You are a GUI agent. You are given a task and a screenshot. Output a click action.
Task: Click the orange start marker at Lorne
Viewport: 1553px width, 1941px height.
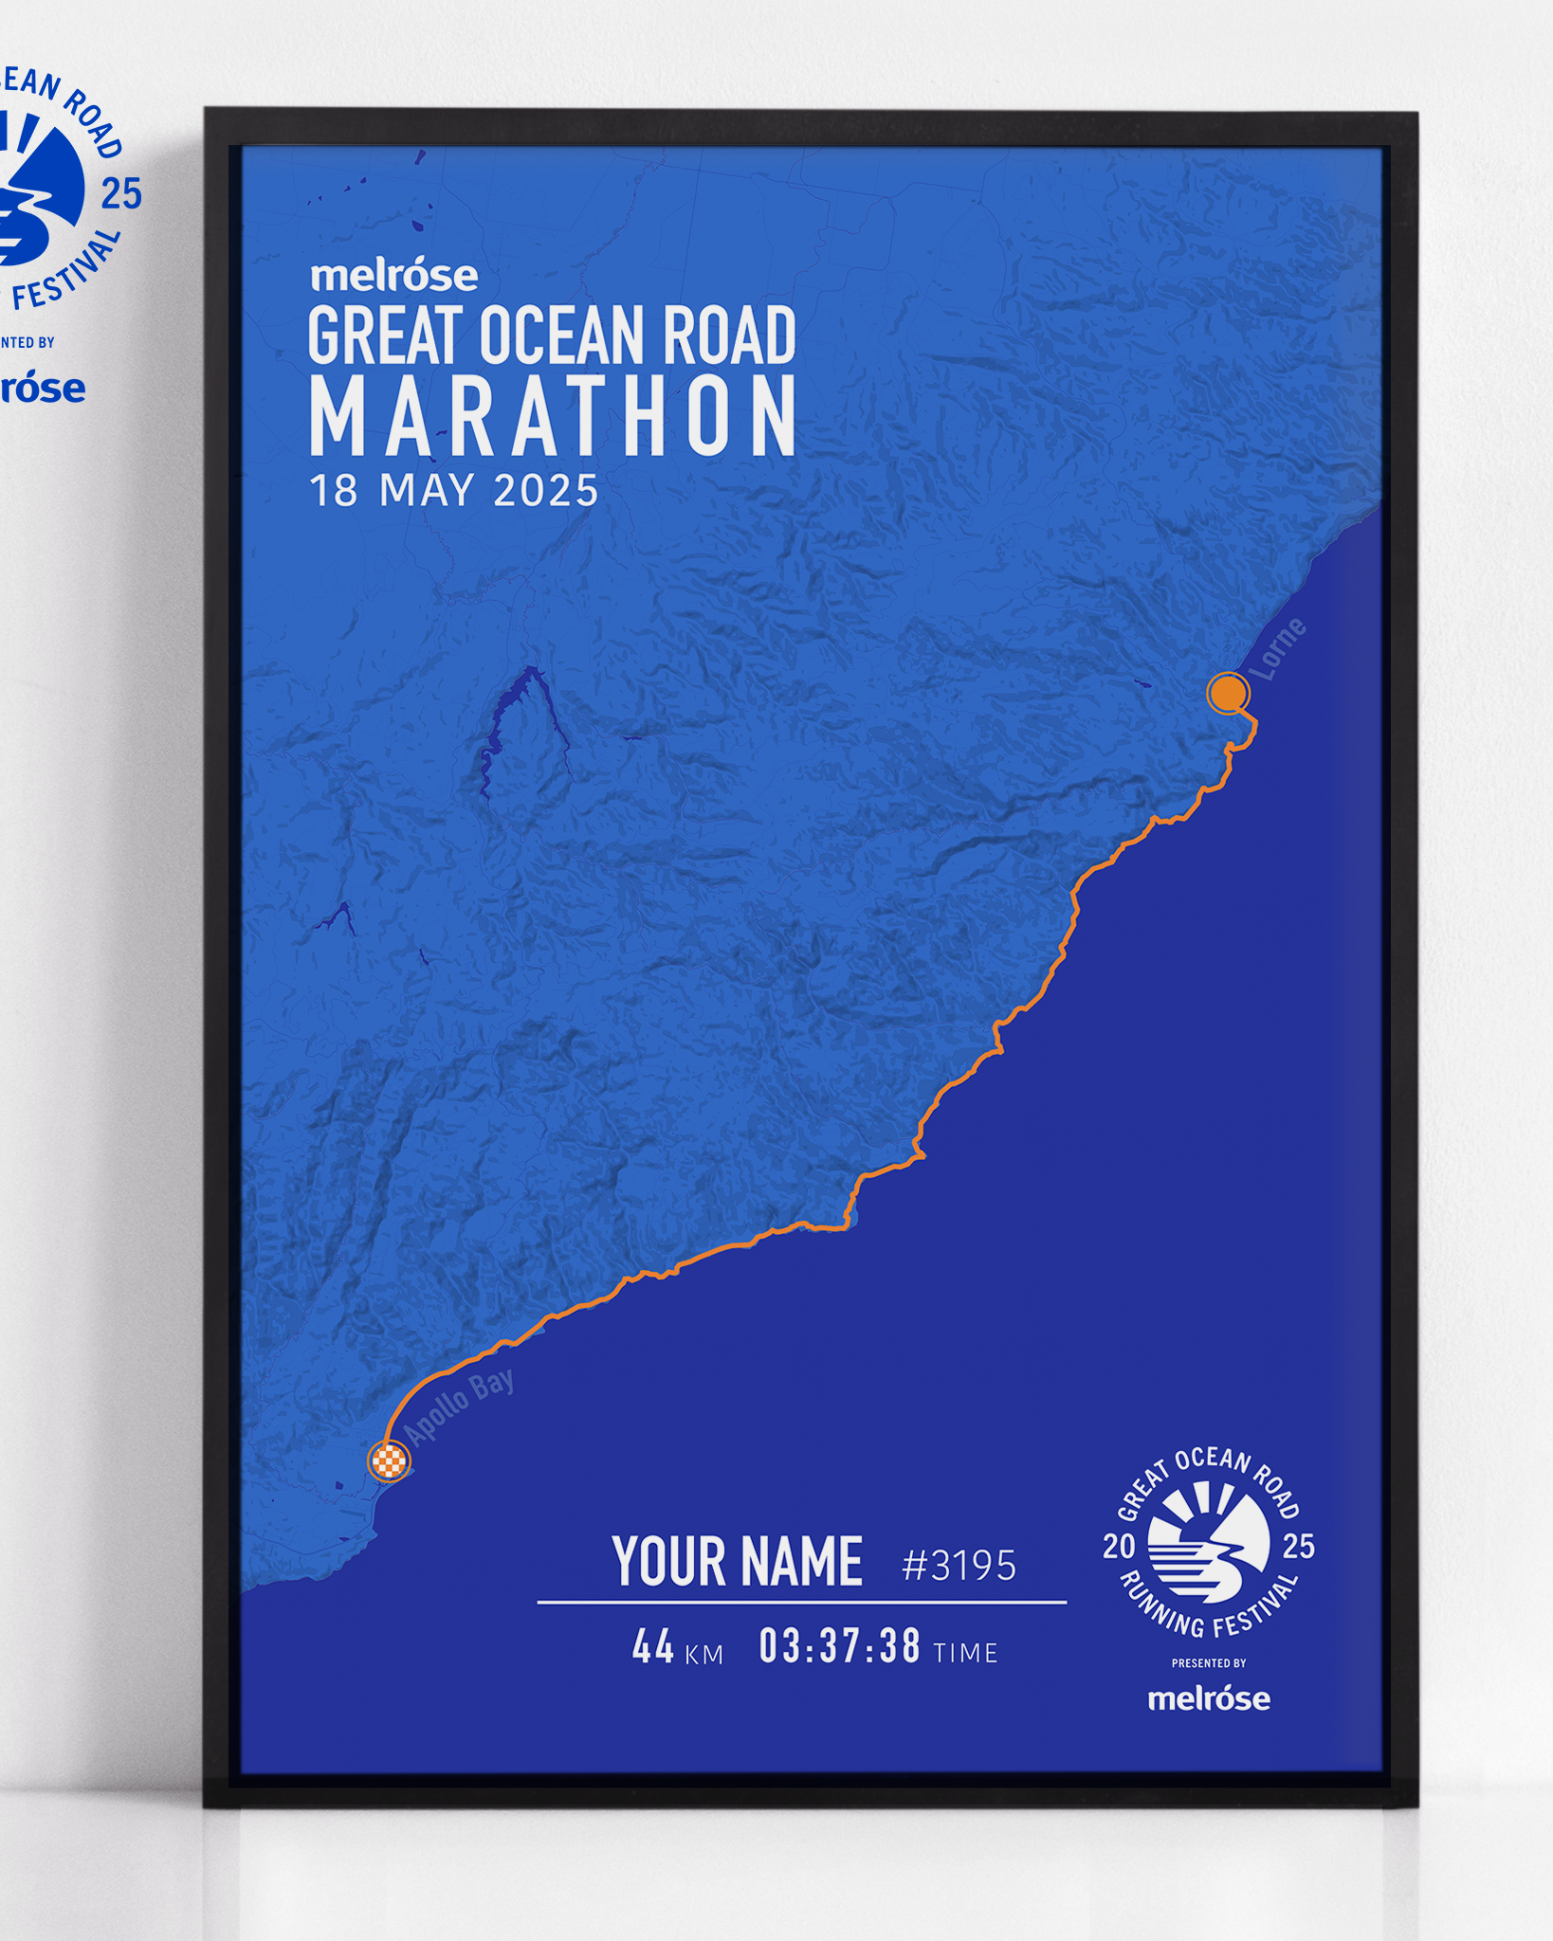point(1228,693)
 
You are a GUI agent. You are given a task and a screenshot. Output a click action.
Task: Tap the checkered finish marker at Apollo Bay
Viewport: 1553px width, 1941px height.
point(389,1460)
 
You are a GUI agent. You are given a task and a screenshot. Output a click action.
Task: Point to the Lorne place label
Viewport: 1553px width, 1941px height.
point(1277,649)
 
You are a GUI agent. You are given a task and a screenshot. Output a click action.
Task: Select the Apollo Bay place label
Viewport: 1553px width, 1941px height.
point(459,1406)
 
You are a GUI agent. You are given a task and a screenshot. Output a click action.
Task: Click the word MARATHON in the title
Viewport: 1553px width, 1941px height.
point(553,416)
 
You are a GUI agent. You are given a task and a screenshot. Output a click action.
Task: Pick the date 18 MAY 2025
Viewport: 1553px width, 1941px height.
point(454,491)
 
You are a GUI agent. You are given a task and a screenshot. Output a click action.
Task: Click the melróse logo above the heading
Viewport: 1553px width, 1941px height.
point(394,276)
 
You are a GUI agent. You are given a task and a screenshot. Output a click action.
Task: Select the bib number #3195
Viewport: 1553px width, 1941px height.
point(959,1565)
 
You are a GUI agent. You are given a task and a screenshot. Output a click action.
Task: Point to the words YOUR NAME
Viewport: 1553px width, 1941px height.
point(738,1561)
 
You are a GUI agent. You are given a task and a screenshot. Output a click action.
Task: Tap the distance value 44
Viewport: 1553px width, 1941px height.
point(653,1647)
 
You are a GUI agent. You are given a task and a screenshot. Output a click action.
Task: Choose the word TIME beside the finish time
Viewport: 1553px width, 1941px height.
point(965,1653)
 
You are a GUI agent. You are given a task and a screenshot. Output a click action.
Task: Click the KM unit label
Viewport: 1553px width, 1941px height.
point(703,1655)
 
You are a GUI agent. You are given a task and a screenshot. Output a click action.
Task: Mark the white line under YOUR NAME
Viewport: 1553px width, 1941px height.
point(801,1603)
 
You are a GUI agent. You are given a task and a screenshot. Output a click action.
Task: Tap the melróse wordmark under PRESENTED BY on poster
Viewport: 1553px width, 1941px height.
point(1209,1697)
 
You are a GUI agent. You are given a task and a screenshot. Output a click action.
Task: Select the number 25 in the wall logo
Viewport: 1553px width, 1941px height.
point(121,194)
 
